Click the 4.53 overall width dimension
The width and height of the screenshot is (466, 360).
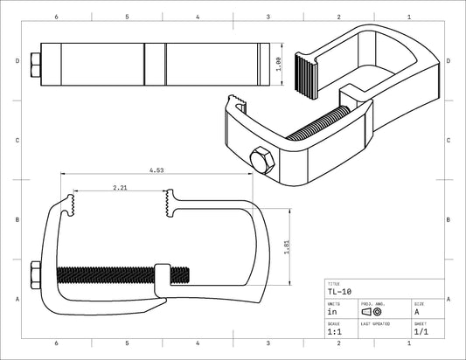coord(156,170)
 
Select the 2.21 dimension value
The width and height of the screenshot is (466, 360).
coord(121,188)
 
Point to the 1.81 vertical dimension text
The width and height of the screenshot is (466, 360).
coord(286,248)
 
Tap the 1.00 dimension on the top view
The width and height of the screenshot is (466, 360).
coord(277,64)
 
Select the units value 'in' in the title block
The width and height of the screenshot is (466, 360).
coord(331,311)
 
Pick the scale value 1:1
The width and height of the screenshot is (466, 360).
coord(334,332)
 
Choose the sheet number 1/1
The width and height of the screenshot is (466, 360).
coord(420,332)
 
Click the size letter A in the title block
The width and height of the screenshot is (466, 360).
coord(416,311)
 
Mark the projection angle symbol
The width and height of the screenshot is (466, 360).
coord(372,311)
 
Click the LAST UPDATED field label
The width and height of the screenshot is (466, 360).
coord(375,323)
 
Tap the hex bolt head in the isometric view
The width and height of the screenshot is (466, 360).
coord(260,160)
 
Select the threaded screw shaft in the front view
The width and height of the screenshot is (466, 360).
coord(105,273)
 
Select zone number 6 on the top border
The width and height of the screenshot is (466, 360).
coord(56,17)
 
